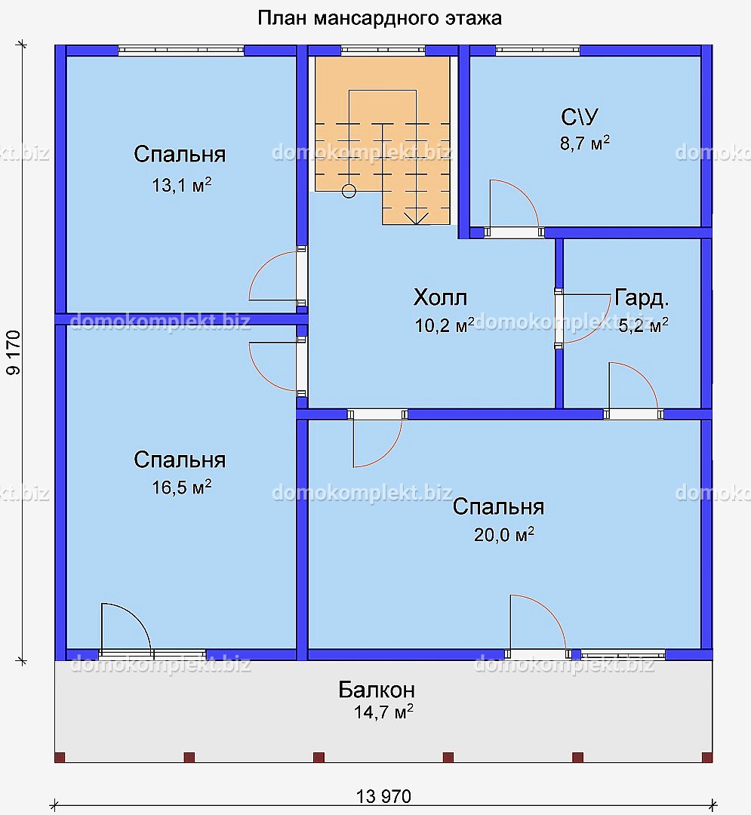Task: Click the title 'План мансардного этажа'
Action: point(380,19)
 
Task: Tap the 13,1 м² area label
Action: point(181,185)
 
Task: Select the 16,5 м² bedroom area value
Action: point(181,487)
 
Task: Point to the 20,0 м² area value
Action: point(503,534)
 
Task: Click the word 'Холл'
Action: point(440,297)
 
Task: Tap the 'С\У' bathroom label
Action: point(580,117)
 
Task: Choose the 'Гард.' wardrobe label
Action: point(642,298)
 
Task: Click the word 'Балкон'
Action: point(377,690)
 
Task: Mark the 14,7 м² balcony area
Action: point(383,712)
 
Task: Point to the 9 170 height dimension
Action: point(14,352)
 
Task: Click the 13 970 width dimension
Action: point(383,796)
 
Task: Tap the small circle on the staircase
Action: point(349,191)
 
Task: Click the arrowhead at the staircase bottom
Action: point(416,219)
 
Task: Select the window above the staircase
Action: point(383,51)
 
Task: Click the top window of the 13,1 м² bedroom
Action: point(181,51)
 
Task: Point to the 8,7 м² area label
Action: point(585,143)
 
